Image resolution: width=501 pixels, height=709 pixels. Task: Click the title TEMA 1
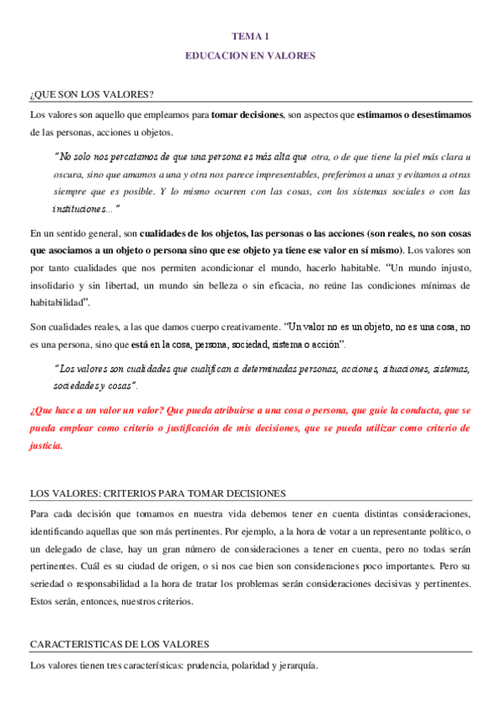[250, 35]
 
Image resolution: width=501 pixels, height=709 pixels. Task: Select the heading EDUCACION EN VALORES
[250, 55]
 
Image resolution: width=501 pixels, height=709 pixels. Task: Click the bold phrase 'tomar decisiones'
[248, 114]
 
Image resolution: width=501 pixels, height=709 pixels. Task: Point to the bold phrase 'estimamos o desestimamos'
[415, 114]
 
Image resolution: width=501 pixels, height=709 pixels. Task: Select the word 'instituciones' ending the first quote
[79, 208]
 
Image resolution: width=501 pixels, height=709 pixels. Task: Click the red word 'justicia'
[45, 446]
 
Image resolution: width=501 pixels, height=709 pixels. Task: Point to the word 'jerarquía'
[295, 666]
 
